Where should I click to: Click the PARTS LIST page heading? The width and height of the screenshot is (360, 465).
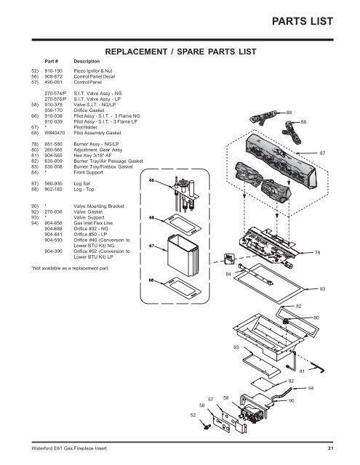click(x=302, y=21)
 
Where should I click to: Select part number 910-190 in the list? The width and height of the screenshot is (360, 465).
click(x=53, y=71)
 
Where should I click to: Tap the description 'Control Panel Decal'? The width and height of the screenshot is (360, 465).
click(x=94, y=76)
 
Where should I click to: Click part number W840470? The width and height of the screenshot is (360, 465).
click(x=55, y=133)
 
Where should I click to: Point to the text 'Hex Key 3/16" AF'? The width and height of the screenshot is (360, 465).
click(x=92, y=155)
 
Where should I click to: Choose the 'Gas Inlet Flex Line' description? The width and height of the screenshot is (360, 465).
click(x=93, y=223)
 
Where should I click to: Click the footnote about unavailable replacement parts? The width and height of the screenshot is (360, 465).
click(x=71, y=268)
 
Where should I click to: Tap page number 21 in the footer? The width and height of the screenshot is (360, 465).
click(x=330, y=448)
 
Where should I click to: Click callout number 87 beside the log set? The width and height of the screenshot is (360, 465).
click(x=322, y=153)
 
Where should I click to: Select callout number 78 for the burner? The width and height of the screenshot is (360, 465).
click(x=317, y=253)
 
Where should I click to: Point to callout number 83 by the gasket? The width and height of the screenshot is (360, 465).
click(x=322, y=288)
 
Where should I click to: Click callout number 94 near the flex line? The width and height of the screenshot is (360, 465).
click(x=311, y=388)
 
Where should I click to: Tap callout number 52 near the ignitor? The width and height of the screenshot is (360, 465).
click(x=193, y=415)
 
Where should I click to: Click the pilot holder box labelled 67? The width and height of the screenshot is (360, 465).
click(x=182, y=255)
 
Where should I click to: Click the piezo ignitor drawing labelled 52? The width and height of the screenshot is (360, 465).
click(x=205, y=424)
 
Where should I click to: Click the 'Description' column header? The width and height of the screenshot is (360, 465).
click(x=87, y=61)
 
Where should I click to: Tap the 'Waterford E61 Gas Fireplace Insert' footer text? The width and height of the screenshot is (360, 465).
click(x=69, y=448)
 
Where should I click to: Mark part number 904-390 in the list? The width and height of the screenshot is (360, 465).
click(x=53, y=251)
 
